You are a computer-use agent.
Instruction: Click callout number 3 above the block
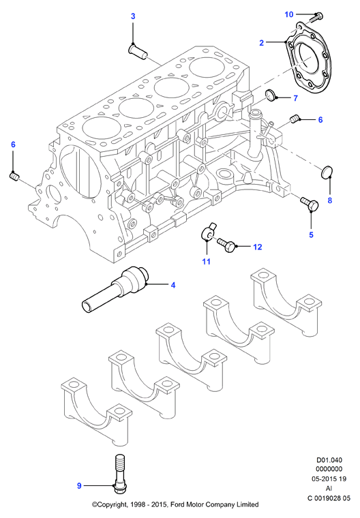pyautogui.click(x=133, y=16)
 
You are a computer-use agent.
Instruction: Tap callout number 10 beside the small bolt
pyautogui.click(x=289, y=14)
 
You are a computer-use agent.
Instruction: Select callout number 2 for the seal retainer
pyautogui.click(x=262, y=43)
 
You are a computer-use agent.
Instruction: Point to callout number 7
pyautogui.click(x=295, y=98)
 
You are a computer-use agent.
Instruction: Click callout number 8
pyautogui.click(x=329, y=200)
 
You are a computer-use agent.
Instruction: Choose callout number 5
pyautogui.click(x=311, y=235)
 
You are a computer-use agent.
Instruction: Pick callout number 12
pyautogui.click(x=258, y=247)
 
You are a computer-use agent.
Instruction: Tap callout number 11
pyautogui.click(x=207, y=262)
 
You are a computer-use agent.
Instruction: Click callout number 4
pyautogui.click(x=173, y=285)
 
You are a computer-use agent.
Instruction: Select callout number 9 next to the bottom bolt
pyautogui.click(x=79, y=485)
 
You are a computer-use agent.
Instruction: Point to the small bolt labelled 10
pyautogui.click(x=316, y=16)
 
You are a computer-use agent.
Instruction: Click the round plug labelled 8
pyautogui.click(x=327, y=172)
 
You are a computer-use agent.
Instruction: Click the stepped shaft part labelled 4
pyautogui.click(x=116, y=288)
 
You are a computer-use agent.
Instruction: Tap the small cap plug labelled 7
pyautogui.click(x=273, y=95)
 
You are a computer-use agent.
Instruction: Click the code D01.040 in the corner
pyautogui.click(x=329, y=460)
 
